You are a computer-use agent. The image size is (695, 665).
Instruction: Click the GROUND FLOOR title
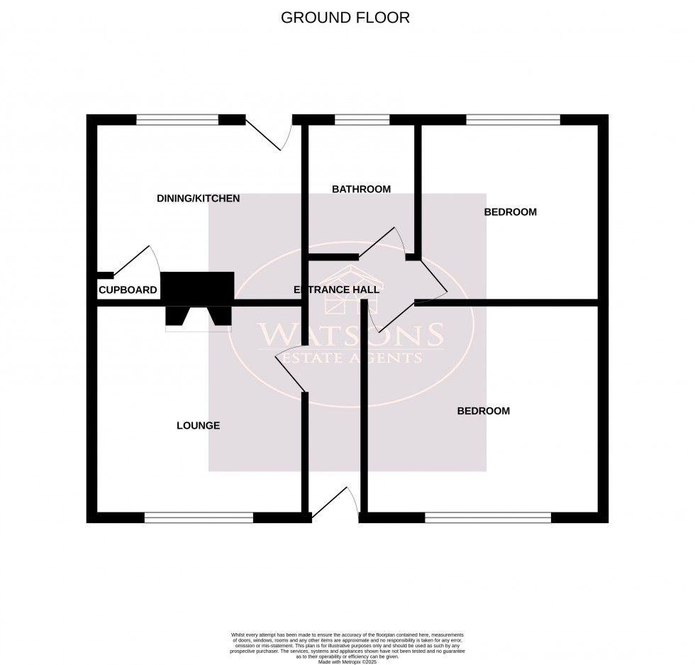click(345, 18)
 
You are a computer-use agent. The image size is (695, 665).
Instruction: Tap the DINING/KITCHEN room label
click(199, 199)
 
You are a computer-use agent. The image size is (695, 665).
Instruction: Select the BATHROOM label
click(362, 189)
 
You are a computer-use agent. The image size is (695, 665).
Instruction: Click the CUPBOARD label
click(128, 290)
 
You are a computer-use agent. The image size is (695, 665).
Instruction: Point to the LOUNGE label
click(199, 426)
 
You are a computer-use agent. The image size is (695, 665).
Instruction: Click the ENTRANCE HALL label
click(337, 290)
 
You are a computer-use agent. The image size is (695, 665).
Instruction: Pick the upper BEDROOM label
click(511, 211)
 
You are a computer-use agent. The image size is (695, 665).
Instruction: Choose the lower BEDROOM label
click(483, 411)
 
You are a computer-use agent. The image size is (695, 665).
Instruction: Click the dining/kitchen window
click(177, 120)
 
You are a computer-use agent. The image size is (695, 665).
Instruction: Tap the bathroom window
click(362, 120)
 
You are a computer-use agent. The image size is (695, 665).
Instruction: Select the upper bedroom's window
click(513, 120)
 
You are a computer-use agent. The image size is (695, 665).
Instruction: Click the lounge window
click(199, 518)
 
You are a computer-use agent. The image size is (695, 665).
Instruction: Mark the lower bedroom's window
click(488, 518)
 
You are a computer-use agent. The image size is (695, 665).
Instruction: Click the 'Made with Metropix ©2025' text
click(347, 662)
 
